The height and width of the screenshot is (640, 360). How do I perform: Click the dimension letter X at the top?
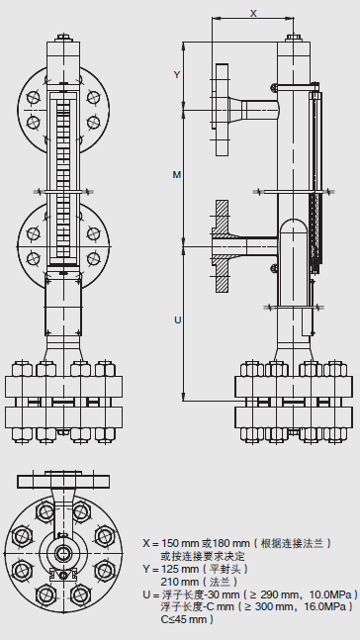253,13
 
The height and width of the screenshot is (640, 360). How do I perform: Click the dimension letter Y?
177,75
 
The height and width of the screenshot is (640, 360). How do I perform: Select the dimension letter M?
176,175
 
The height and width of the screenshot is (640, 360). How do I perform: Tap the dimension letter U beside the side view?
178,320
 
